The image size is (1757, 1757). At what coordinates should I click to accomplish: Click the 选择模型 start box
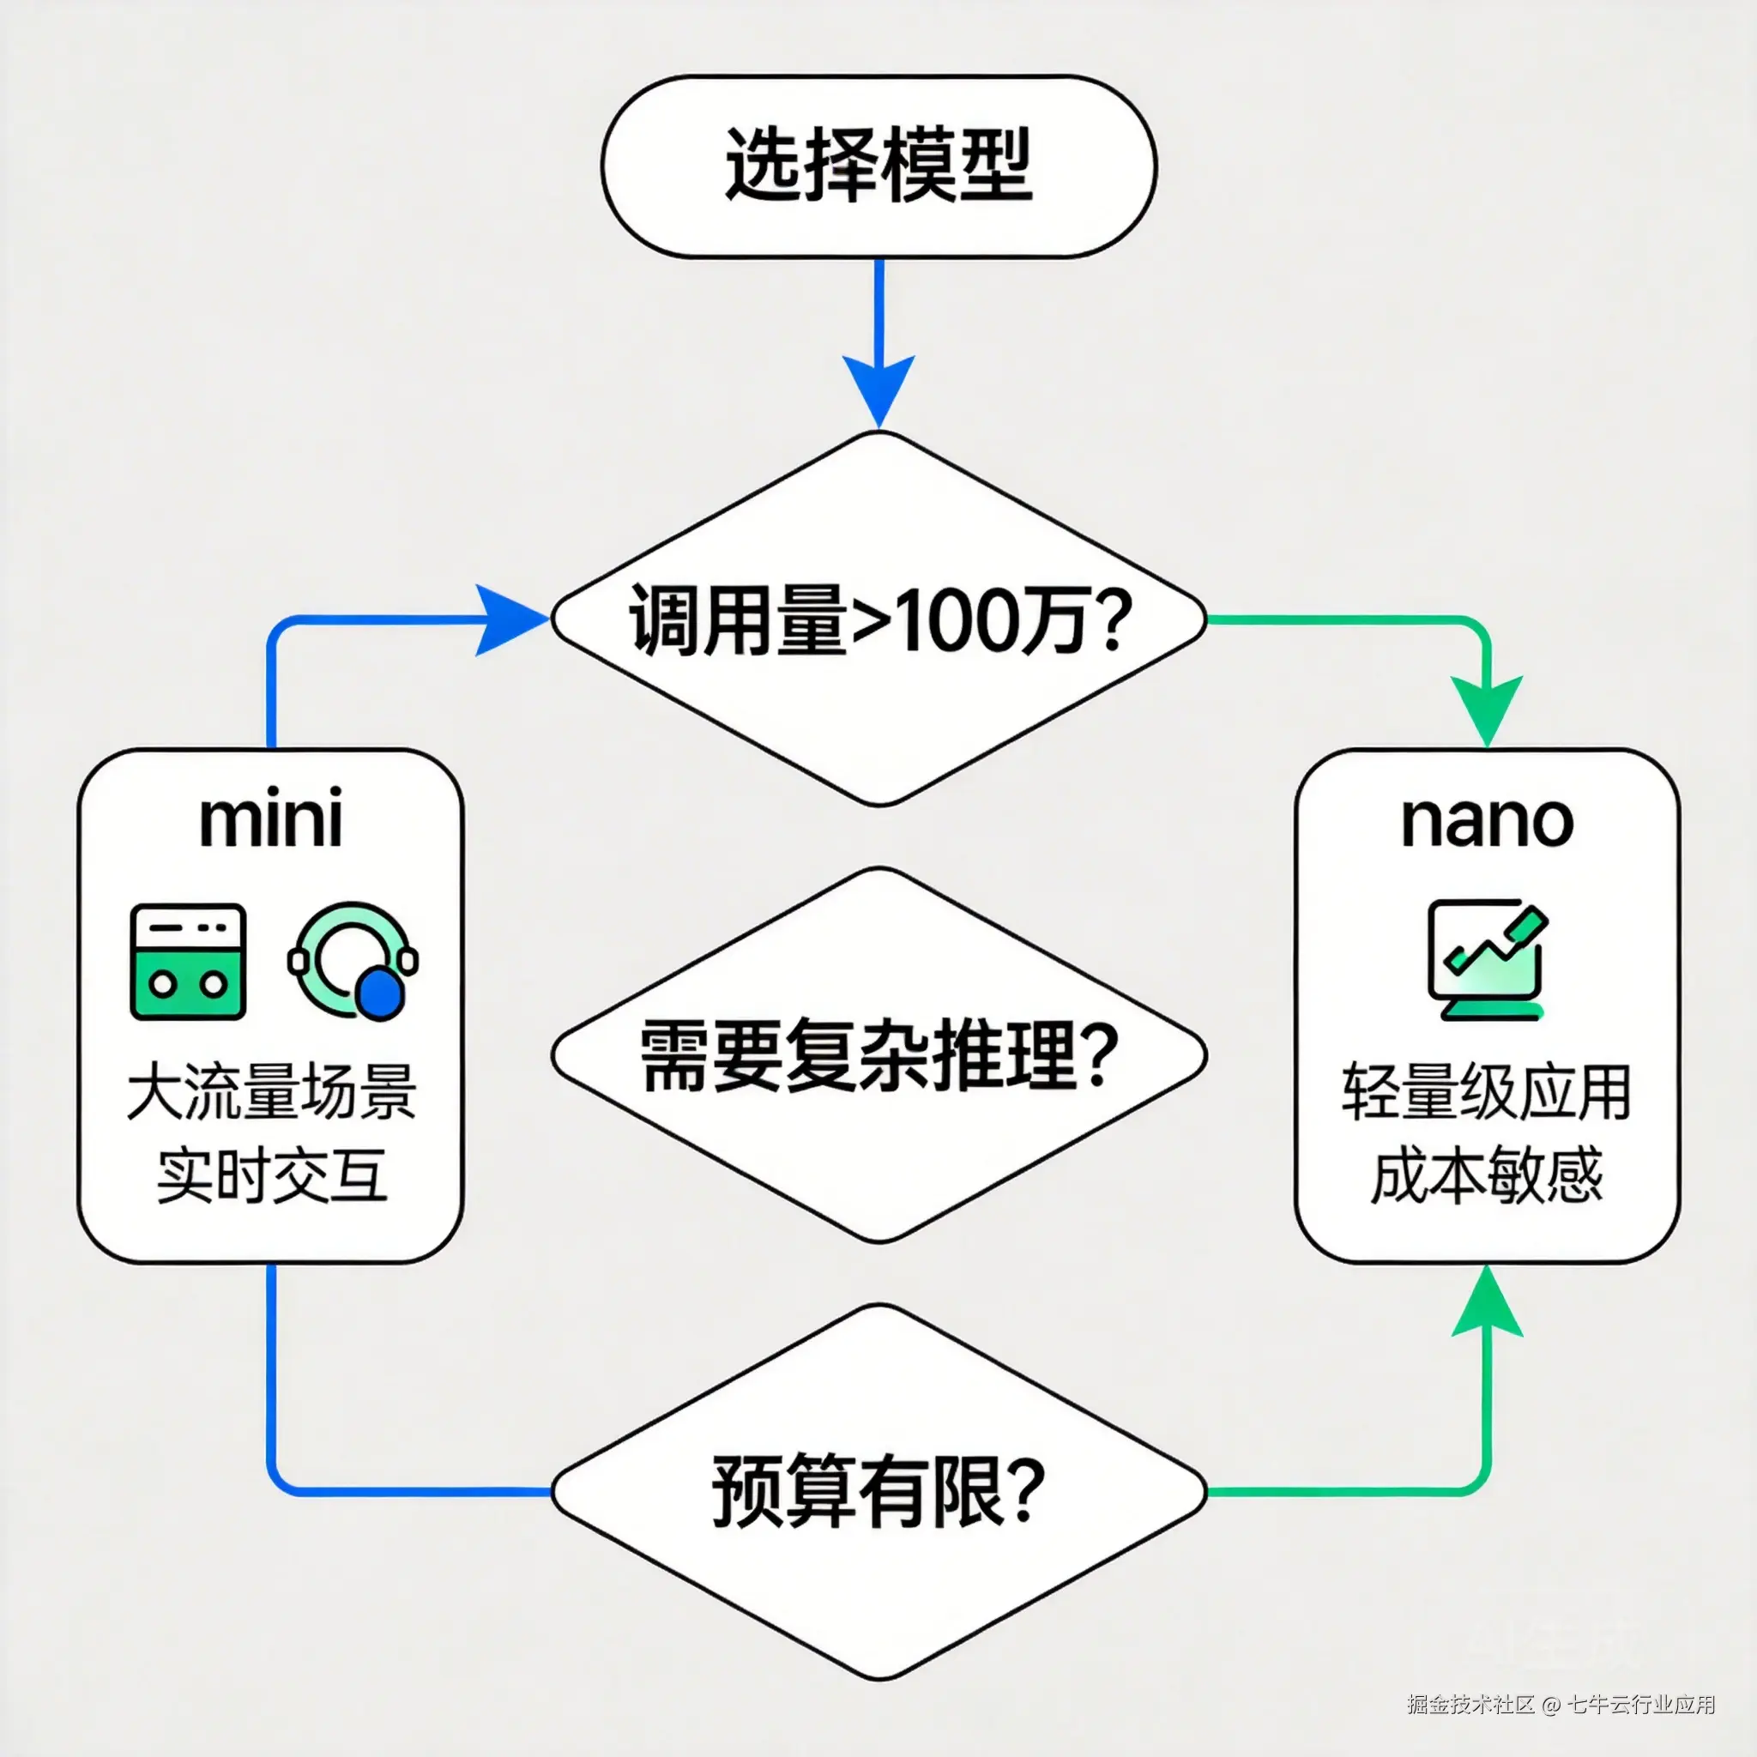pos(878,166)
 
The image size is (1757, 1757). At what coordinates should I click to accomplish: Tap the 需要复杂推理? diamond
pos(878,1055)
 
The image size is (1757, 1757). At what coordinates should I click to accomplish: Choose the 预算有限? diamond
pos(878,1491)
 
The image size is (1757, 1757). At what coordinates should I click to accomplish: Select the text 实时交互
pos(270,1175)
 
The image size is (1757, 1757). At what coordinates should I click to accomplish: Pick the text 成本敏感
pos(1487,1175)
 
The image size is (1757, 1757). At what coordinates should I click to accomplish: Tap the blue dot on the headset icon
pos(378,994)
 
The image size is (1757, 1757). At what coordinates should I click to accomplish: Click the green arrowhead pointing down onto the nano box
pos(1487,709)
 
